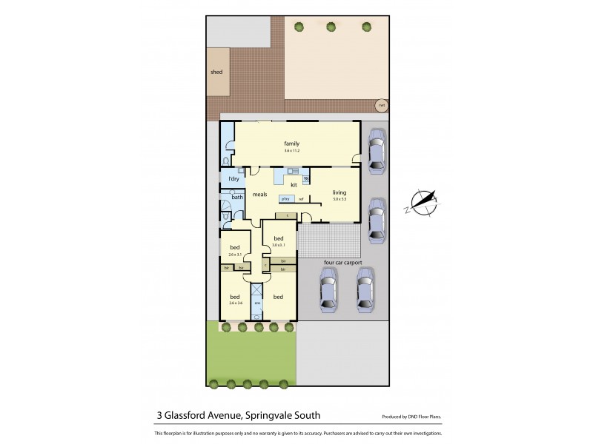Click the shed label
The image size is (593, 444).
point(216,73)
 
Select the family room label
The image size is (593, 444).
point(291,143)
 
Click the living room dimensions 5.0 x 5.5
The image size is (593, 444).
point(339,199)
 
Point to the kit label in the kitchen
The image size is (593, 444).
point(294,184)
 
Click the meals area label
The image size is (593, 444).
point(259,195)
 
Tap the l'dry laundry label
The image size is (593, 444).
point(233,179)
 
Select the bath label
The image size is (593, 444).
point(237,197)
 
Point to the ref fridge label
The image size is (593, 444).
point(301,199)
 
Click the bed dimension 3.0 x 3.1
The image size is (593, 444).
point(278,245)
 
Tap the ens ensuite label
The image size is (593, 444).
point(258,303)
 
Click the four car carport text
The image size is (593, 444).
point(342,261)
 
